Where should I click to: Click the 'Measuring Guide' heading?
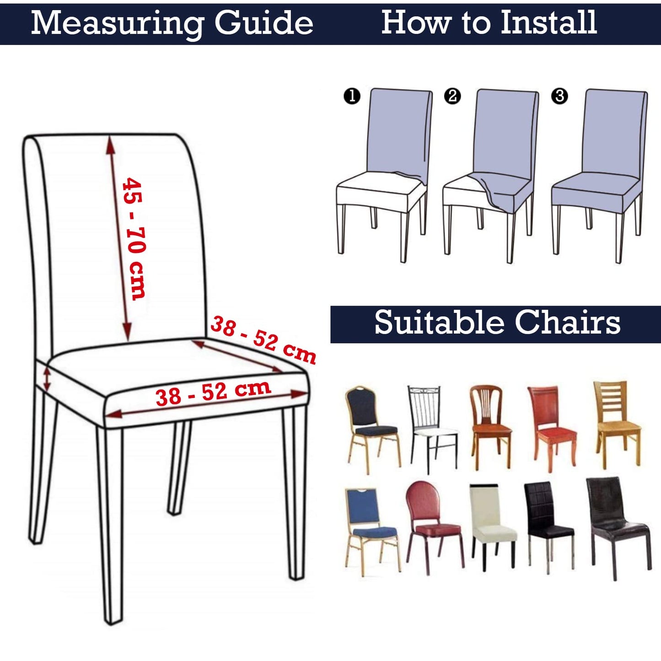(x=172, y=23)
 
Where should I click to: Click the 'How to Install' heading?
(x=489, y=22)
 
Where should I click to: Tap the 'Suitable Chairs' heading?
(x=497, y=322)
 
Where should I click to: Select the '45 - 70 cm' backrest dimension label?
(x=134, y=238)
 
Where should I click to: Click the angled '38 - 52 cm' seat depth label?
(x=263, y=339)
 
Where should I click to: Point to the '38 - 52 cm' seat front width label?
(x=213, y=392)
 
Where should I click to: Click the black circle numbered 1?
(x=352, y=96)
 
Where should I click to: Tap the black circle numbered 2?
(x=452, y=96)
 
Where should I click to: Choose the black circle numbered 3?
(x=559, y=96)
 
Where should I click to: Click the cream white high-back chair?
(x=493, y=525)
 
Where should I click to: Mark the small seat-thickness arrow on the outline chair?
(x=47, y=379)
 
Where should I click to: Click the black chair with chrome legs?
(x=548, y=528)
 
